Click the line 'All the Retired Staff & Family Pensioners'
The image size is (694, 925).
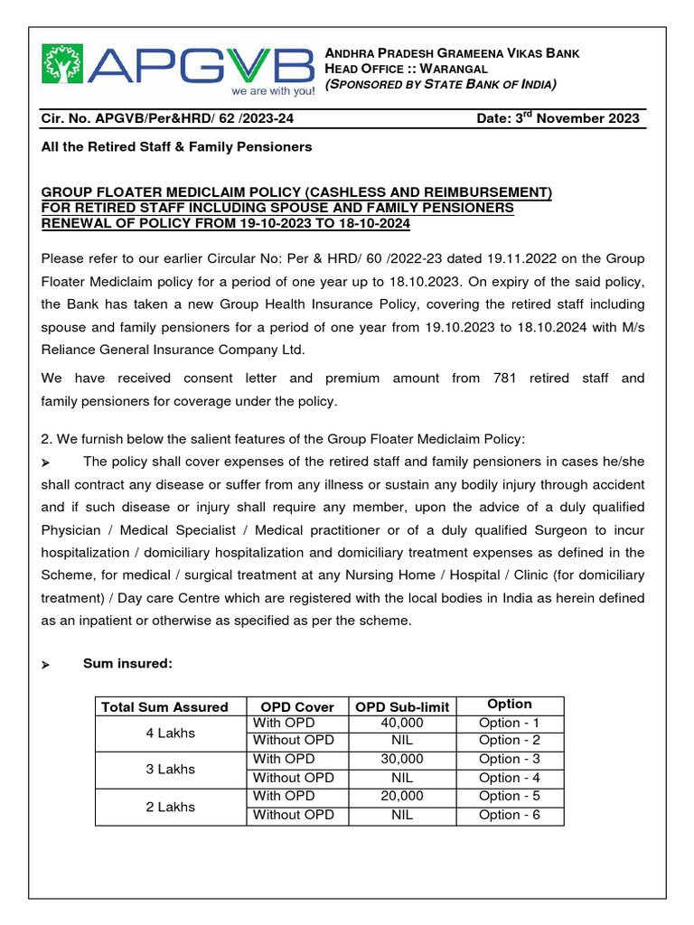pos(176,146)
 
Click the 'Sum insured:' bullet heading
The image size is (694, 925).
pos(127,664)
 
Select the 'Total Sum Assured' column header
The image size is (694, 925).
pos(164,706)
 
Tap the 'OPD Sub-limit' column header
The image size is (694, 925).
pos(402,706)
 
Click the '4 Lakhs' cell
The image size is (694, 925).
pos(170,733)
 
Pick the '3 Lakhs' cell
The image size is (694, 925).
pos(170,769)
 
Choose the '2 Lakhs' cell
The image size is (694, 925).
pos(170,806)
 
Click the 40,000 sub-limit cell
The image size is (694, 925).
pos(402,723)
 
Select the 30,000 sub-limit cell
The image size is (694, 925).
pos(402,760)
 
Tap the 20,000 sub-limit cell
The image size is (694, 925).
pos(402,796)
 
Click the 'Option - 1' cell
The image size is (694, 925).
pos(509,723)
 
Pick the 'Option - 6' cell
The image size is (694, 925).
pos(509,815)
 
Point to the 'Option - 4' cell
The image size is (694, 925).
pos(509,778)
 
